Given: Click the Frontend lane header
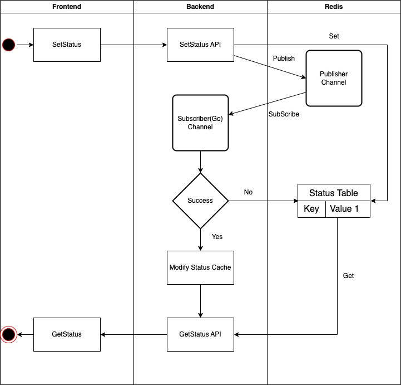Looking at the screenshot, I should tap(67, 7).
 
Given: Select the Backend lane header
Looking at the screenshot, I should tap(200, 7).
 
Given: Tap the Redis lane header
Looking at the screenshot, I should tap(334, 7).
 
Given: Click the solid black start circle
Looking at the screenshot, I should tap(9, 45).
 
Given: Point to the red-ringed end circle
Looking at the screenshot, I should tap(9, 334).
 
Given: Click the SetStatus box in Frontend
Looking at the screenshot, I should tap(67, 45).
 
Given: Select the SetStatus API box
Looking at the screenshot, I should tap(200, 45).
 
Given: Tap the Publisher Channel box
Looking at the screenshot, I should tap(334, 78).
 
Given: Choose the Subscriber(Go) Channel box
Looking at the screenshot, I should tap(200, 123).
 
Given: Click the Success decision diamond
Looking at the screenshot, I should tap(200, 201).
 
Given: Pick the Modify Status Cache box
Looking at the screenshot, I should tap(200, 267).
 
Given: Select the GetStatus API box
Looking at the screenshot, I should tap(200, 334).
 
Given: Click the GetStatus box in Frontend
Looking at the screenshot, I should tap(67, 334).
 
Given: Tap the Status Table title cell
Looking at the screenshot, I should tap(334, 193).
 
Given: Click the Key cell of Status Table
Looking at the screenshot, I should tap(311, 209).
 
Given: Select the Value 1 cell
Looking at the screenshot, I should tap(348, 209).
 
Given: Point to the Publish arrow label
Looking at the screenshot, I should tap(284, 59).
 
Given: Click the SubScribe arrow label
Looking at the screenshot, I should tap(284, 114).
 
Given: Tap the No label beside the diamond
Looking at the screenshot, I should tap(248, 192).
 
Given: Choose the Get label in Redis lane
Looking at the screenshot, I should tap(348, 276).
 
